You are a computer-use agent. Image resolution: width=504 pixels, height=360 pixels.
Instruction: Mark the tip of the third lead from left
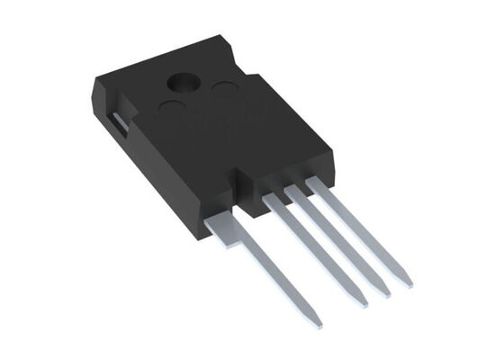pos(385,293)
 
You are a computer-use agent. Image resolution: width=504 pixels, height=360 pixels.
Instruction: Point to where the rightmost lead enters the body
pos(314,183)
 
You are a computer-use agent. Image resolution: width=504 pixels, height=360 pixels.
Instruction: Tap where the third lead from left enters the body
pos(294,192)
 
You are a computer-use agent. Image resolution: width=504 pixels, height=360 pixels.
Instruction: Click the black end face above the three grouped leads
pos(292,180)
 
